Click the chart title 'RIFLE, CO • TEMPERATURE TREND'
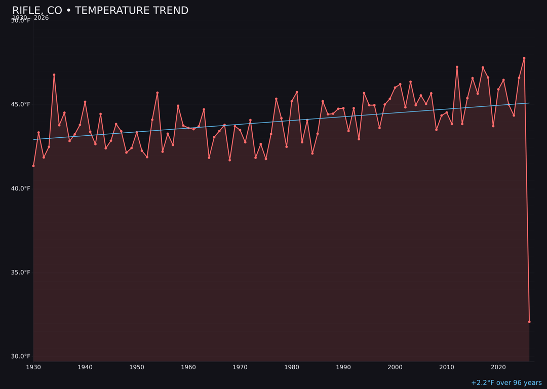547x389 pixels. tap(100, 11)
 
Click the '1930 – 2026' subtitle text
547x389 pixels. tap(30, 18)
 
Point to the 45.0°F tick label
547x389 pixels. tap(21, 104)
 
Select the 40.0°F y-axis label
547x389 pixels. tap(21, 188)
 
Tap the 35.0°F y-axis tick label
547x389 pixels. tap(21, 272)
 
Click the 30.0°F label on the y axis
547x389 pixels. tap(21, 356)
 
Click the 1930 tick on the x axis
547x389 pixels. tap(33, 367)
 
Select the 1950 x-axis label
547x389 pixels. tap(137, 367)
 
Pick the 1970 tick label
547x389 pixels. tap(240, 367)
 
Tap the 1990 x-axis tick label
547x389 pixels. tap(343, 367)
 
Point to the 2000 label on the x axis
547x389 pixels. tap(395, 367)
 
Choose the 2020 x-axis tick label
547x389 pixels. tap(498, 367)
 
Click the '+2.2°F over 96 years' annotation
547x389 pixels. tap(506, 383)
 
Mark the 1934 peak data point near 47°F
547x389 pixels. tap(54, 75)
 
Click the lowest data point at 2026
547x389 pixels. tap(529, 322)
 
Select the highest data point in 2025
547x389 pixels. tap(524, 58)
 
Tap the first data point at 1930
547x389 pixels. tap(33, 166)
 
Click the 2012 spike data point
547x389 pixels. tap(457, 67)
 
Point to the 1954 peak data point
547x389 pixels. tap(158, 93)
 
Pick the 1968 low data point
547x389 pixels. tap(229, 160)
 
